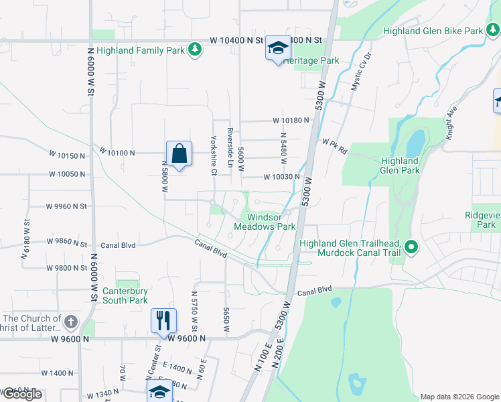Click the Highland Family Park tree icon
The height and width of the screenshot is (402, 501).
tap(194, 50)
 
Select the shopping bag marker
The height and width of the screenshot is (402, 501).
tap(180, 154)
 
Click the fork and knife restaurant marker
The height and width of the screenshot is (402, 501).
tap(163, 320)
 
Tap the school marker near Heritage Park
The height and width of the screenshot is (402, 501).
tap(278, 48)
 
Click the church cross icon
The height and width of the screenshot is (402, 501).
tap(71, 322)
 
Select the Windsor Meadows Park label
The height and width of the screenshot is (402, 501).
tap(265, 222)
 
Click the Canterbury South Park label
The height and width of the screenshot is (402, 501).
tap(125, 295)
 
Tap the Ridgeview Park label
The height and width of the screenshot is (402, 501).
tap(482, 220)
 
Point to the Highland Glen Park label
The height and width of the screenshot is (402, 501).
tap(400, 165)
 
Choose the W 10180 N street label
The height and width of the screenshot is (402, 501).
tap(291, 121)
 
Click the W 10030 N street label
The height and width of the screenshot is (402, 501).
tap(281, 177)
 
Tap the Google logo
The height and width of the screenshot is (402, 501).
tap(21, 394)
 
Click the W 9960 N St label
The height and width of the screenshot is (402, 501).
tap(66, 206)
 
